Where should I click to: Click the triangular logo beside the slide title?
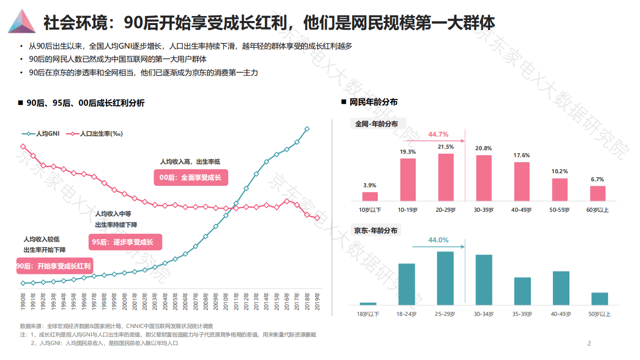point(22,22)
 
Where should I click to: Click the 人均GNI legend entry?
point(41,134)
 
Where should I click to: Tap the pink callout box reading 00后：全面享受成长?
point(190,177)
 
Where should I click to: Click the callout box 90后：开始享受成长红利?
point(54,266)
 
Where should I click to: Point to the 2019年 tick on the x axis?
point(317,302)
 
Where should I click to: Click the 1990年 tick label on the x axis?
point(23,302)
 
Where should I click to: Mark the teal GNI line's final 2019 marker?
point(307,129)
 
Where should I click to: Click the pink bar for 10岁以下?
point(370,196)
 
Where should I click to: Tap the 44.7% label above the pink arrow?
point(438,134)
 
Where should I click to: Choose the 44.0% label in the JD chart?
point(438,240)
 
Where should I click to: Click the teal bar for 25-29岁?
point(445,278)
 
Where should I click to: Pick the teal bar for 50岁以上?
point(599,298)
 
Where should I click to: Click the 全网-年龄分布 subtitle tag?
point(376,124)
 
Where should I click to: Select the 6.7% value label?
point(597,179)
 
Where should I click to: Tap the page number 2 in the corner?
point(589,343)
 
